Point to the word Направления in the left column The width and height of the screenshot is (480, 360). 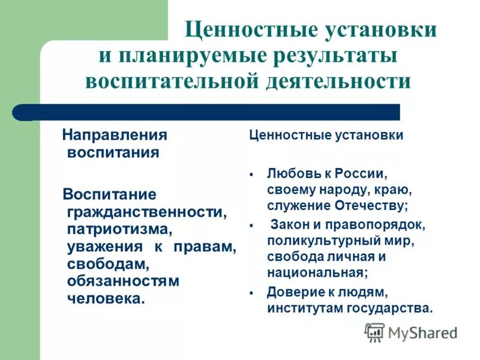click(115, 134)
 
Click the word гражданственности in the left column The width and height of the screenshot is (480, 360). click(147, 212)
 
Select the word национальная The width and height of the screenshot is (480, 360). click(317, 272)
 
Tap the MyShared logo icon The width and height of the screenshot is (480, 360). click(375, 332)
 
